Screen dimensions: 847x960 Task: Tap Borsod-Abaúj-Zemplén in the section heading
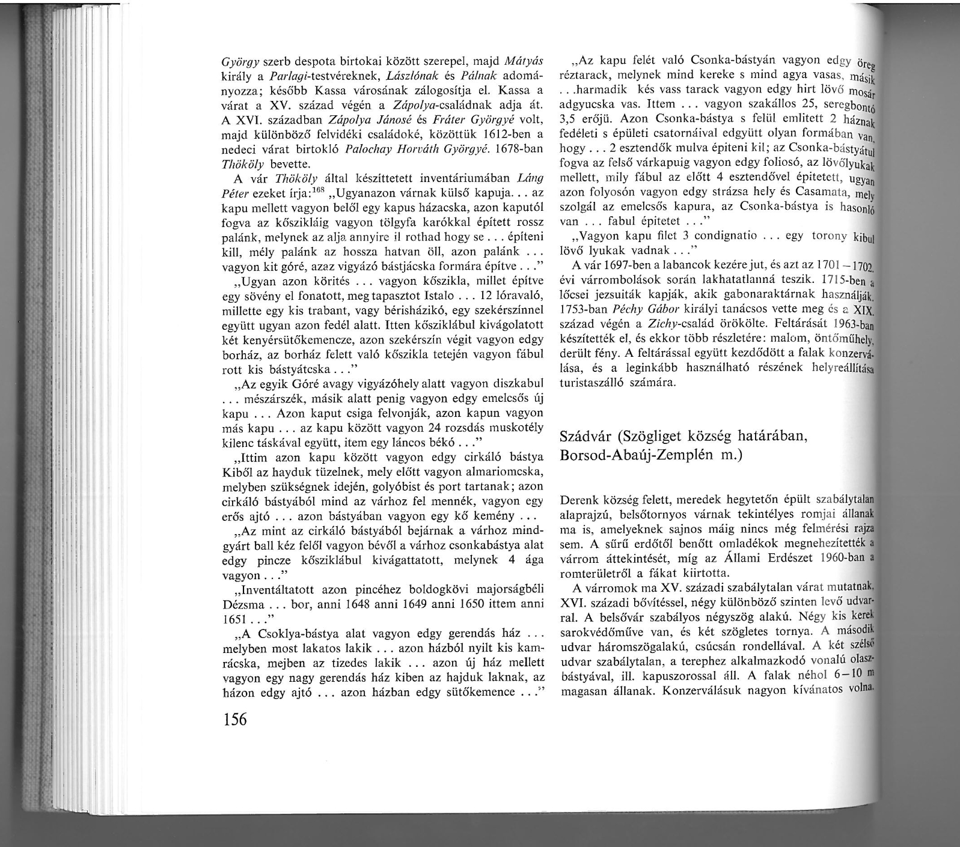click(x=629, y=455)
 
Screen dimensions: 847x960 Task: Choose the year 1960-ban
click(x=842, y=558)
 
